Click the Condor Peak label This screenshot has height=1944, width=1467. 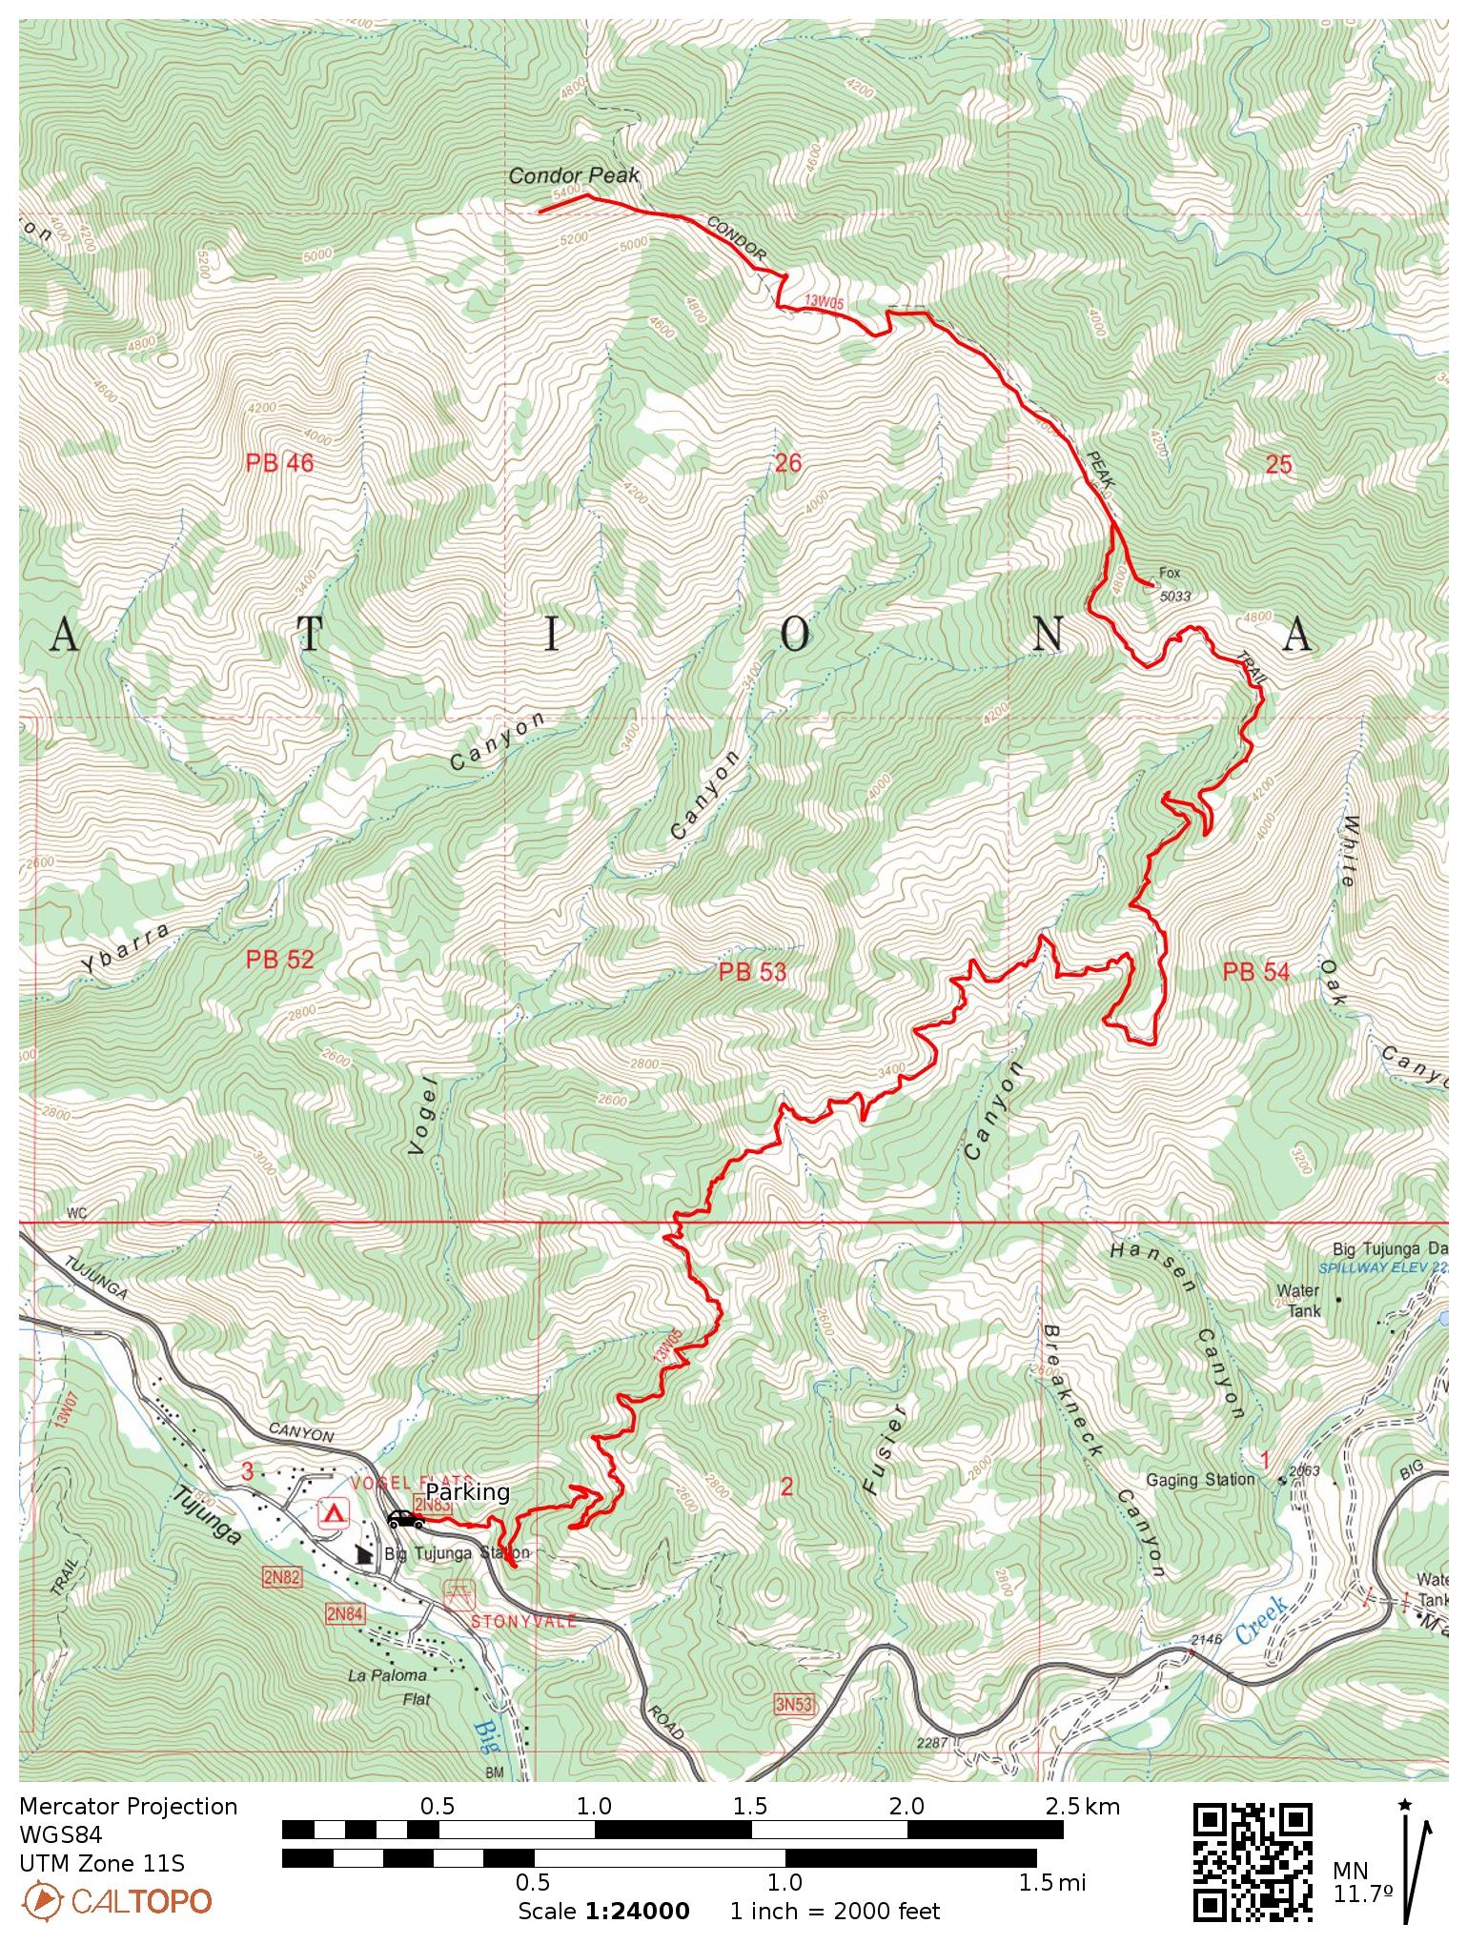[x=574, y=175]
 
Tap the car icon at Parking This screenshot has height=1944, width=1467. [x=404, y=1519]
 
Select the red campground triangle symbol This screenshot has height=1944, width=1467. [x=334, y=1513]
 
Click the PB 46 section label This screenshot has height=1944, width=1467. [x=279, y=464]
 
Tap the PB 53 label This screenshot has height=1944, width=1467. [x=752, y=972]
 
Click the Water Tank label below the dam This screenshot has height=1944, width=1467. [x=1302, y=1301]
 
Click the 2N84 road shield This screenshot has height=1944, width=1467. [x=344, y=1613]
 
